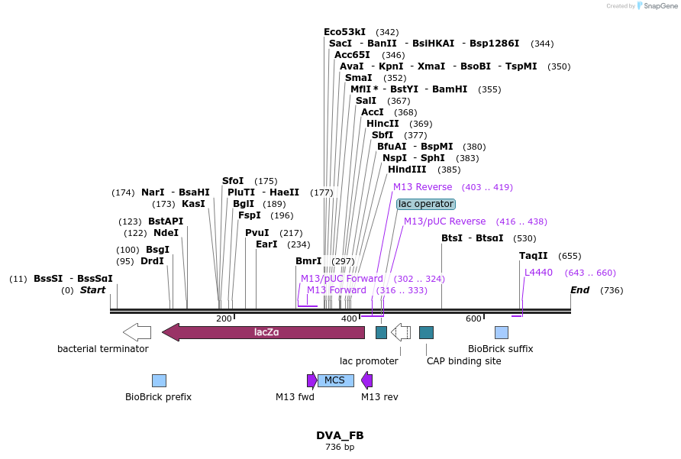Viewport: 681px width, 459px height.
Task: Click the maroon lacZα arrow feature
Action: pos(263,332)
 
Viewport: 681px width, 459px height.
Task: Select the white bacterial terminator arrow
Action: pos(137,332)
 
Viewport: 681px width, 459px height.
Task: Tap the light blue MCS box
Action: pos(335,380)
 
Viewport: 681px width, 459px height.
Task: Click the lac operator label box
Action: pos(426,204)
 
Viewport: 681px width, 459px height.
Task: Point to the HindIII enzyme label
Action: pos(407,170)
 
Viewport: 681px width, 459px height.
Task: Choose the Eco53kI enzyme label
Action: pos(344,32)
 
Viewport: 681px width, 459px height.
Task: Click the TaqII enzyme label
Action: pos(533,256)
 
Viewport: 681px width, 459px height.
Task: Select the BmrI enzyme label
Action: pos(308,261)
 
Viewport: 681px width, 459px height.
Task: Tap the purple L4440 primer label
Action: pos(538,273)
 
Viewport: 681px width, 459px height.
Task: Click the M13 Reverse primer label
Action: pos(422,187)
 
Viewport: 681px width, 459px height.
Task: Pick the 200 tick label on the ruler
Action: pos(224,318)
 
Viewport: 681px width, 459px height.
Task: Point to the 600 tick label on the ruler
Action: pos(473,318)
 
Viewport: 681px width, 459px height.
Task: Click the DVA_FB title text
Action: pos(340,435)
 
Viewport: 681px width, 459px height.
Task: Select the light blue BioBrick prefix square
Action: pos(159,380)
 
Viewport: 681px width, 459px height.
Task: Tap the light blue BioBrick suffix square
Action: pos(502,332)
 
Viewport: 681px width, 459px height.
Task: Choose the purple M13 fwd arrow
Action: pos(311,380)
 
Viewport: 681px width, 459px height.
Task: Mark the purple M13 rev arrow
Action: pos(367,380)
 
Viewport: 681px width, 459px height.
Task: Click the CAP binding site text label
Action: pos(463,361)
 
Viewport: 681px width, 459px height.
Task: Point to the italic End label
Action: pos(579,290)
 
